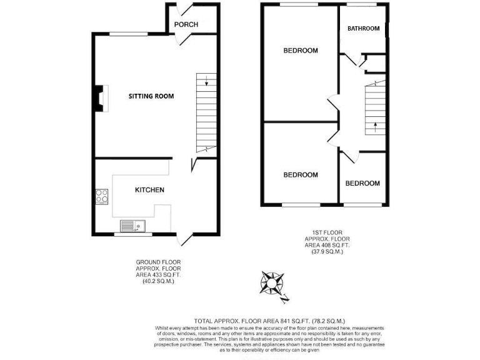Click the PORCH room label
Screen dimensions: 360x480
186,24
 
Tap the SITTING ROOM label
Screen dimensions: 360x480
151,96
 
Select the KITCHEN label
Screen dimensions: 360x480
149,189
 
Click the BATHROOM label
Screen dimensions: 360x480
364,29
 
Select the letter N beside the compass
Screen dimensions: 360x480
285,299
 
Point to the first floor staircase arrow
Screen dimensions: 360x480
374,127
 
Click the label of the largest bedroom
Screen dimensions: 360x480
301,51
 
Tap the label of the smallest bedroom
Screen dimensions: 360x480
362,183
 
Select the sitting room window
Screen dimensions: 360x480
129,33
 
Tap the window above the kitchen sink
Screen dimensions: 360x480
132,235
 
